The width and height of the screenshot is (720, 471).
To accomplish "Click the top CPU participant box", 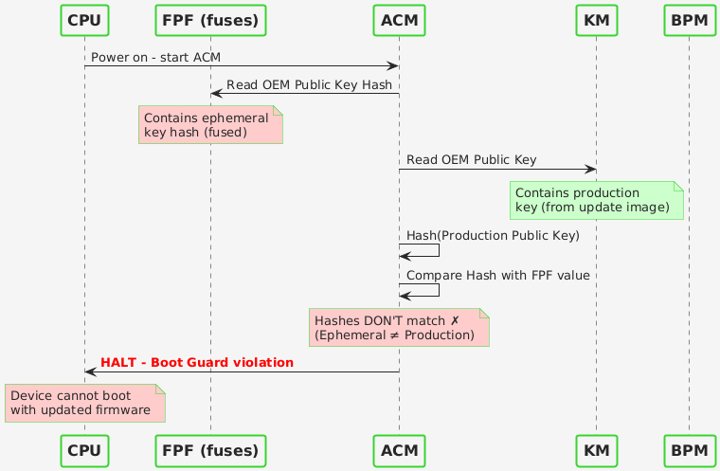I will click(84, 19).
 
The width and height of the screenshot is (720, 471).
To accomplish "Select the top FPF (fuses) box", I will click(210, 19).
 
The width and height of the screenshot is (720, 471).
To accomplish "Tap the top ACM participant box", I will click(399, 19).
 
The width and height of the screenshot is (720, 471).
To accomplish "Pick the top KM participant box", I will click(596, 19).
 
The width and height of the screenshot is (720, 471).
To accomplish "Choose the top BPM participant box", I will click(689, 19).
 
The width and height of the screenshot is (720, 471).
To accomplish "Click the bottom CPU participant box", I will click(84, 449).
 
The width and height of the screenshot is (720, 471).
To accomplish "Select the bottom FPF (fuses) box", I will click(210, 449).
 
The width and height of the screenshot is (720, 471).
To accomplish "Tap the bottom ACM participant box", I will click(399, 449).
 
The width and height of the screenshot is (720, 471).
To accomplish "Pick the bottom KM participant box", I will click(596, 449).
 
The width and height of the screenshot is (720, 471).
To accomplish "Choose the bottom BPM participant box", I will click(689, 449).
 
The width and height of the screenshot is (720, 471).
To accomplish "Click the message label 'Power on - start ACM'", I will click(156, 59).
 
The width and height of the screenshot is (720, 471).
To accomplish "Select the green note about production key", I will click(596, 200).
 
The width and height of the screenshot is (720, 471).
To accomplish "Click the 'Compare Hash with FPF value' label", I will click(498, 275).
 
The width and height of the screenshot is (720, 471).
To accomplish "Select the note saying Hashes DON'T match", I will click(398, 327).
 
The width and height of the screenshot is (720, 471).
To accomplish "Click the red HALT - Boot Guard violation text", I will click(197, 363).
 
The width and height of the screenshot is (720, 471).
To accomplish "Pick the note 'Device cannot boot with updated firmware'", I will click(84, 402).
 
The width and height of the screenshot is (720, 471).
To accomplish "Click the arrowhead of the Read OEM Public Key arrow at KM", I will click(590, 170).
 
